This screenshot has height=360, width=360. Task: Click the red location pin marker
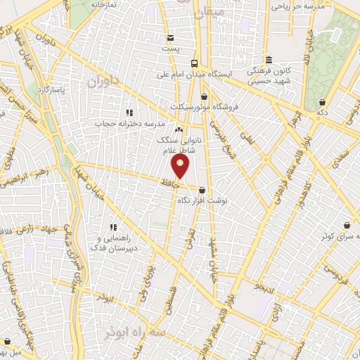(181, 167)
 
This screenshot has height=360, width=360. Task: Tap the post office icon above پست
(171, 37)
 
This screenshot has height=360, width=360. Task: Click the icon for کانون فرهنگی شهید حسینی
(270, 60)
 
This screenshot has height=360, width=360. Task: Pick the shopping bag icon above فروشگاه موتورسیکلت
(204, 96)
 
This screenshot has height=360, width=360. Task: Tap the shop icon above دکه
(322, 102)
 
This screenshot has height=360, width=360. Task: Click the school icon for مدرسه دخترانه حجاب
(129, 112)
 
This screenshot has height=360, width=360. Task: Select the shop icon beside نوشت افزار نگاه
(202, 190)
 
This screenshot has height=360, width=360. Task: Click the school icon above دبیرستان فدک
(112, 228)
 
